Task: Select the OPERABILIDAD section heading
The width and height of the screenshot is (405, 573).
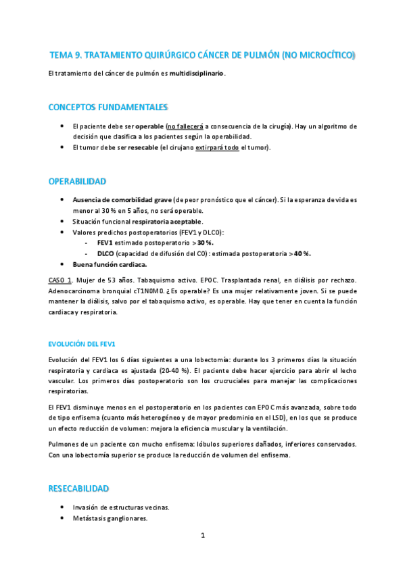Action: pos(77,182)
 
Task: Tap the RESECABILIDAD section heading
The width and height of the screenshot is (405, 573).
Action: pos(80,488)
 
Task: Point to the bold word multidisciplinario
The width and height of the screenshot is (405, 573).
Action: pos(197,73)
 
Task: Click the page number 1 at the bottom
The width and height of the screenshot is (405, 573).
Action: pos(202,535)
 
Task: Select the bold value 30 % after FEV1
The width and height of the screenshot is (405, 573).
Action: pos(205,243)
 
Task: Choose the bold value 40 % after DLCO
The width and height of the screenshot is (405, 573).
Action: pos(302,253)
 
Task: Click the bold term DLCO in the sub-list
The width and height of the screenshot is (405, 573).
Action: pos(106,253)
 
